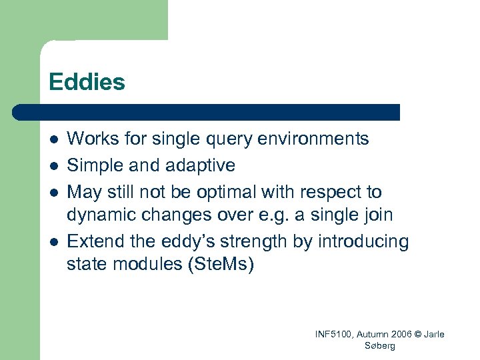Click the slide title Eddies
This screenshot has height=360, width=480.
[87, 82]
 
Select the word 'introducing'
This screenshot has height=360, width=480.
[368, 241]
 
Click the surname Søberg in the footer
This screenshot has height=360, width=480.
[380, 345]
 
